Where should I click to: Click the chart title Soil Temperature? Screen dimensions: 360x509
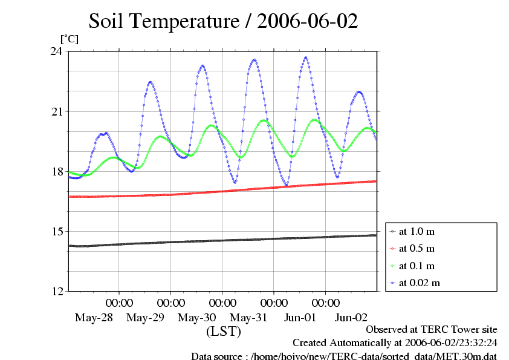coord(223,22)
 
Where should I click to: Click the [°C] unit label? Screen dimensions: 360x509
coord(69,39)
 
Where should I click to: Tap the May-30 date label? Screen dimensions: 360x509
coord(196,317)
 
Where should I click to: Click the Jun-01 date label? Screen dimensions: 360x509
coord(300,317)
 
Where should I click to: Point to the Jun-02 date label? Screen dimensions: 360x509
coord(351,317)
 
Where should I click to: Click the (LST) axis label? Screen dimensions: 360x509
coord(223,332)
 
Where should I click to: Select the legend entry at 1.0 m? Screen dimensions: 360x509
coord(417,231)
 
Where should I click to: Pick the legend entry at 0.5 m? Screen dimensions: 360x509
coord(417,249)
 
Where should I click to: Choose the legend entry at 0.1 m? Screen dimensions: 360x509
coord(417,266)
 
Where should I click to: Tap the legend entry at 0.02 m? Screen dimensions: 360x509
coord(419,283)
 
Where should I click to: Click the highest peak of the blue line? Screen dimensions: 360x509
coord(306,57)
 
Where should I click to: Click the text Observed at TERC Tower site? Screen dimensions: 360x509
coord(432,330)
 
